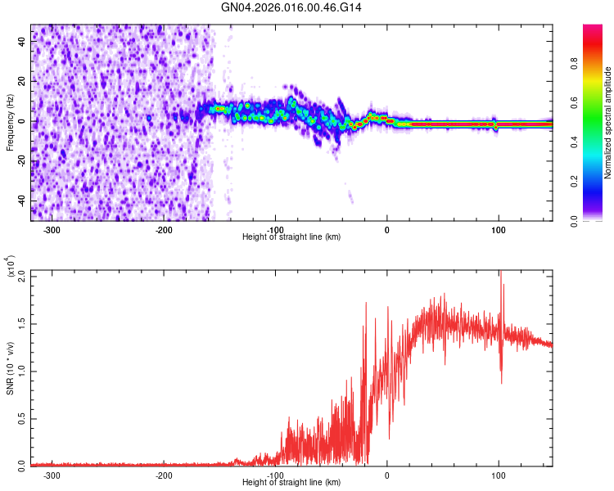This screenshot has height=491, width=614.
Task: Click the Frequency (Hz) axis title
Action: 10,123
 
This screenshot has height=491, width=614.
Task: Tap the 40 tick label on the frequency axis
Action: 22,43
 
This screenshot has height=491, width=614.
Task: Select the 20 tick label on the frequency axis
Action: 22,82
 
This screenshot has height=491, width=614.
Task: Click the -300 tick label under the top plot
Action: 52,229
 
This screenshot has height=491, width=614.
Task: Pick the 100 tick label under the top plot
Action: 499,229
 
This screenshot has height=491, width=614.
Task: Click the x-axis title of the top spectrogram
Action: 291,237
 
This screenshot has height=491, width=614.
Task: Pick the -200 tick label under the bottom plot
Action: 164,475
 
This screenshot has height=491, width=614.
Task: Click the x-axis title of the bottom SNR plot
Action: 291,483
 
